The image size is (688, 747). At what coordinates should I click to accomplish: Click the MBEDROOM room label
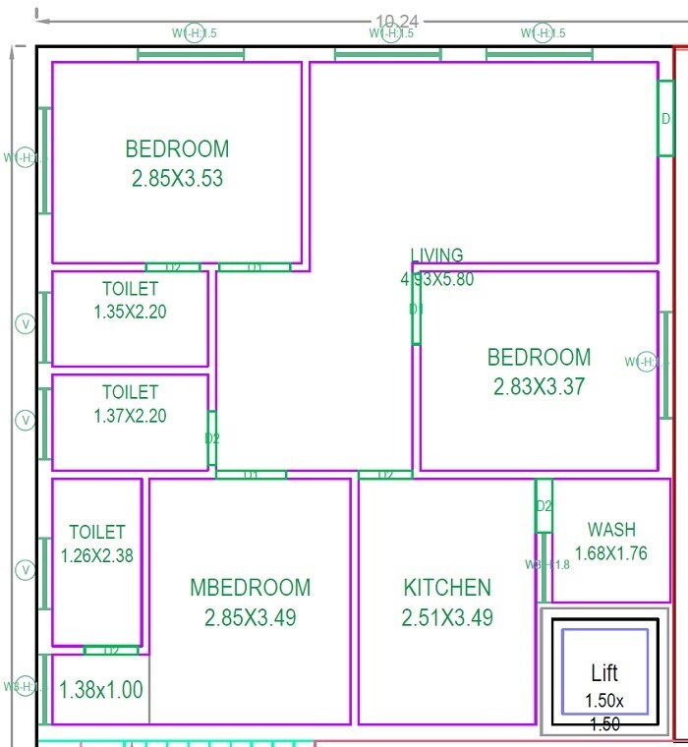(250, 588)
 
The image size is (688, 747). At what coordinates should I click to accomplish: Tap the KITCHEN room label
(447, 588)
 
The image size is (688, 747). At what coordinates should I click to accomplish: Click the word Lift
(604, 673)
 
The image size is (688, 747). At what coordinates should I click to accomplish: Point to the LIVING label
(436, 256)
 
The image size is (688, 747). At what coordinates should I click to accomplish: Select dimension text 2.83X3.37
(539, 386)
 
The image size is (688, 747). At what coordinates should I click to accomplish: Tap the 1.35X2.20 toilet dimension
(130, 312)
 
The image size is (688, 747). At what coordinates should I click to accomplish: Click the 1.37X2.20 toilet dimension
(130, 416)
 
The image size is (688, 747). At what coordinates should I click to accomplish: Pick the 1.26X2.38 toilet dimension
(96, 555)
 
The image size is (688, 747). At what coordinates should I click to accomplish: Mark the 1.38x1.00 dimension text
(100, 690)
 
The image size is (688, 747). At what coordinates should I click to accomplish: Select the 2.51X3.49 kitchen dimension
(447, 618)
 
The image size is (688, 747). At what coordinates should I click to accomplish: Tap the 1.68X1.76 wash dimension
(610, 553)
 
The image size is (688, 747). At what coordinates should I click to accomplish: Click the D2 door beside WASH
(544, 506)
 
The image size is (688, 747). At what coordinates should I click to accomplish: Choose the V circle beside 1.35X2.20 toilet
(26, 323)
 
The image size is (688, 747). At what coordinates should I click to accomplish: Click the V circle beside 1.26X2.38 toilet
(26, 570)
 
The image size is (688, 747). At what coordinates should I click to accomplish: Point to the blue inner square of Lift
(604, 671)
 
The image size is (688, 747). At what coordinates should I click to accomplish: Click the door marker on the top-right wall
(665, 118)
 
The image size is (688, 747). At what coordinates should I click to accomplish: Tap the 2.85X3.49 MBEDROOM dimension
(250, 618)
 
